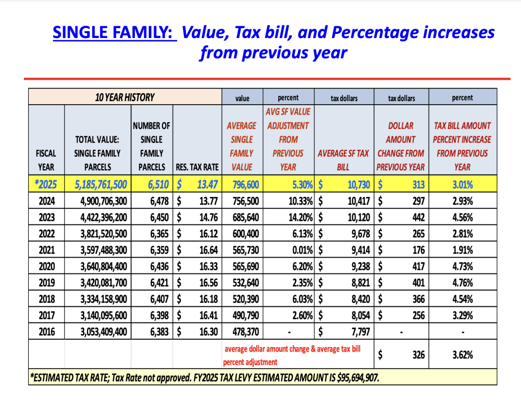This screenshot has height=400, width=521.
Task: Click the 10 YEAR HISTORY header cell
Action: [125, 97]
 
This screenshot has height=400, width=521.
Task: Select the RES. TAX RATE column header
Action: [197, 167]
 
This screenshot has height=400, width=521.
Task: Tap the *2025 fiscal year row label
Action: [46, 184]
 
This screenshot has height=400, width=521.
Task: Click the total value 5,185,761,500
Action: [101, 184]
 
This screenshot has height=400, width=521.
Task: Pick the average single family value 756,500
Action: [245, 201]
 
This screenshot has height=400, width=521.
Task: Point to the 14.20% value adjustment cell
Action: [301, 217]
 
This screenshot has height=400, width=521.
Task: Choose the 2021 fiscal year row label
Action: [46, 250]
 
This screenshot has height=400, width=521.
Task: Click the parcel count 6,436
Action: [159, 266]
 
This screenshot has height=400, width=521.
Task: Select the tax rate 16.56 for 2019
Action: [208, 282]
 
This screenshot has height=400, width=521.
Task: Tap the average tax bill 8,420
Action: [361, 299]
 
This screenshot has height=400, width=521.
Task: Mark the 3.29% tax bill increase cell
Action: [463, 315]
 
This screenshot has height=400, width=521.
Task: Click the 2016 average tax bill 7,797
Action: [361, 332]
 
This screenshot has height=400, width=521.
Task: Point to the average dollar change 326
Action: [419, 355]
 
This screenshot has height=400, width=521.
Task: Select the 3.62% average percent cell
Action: [463, 355]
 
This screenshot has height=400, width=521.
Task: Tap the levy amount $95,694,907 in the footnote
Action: [358, 378]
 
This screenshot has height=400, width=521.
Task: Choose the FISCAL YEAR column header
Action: [46, 160]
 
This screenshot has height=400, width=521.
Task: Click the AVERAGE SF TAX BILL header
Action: [343, 160]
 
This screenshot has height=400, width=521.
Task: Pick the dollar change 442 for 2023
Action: [419, 217]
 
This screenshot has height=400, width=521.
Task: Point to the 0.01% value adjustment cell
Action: [302, 250]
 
